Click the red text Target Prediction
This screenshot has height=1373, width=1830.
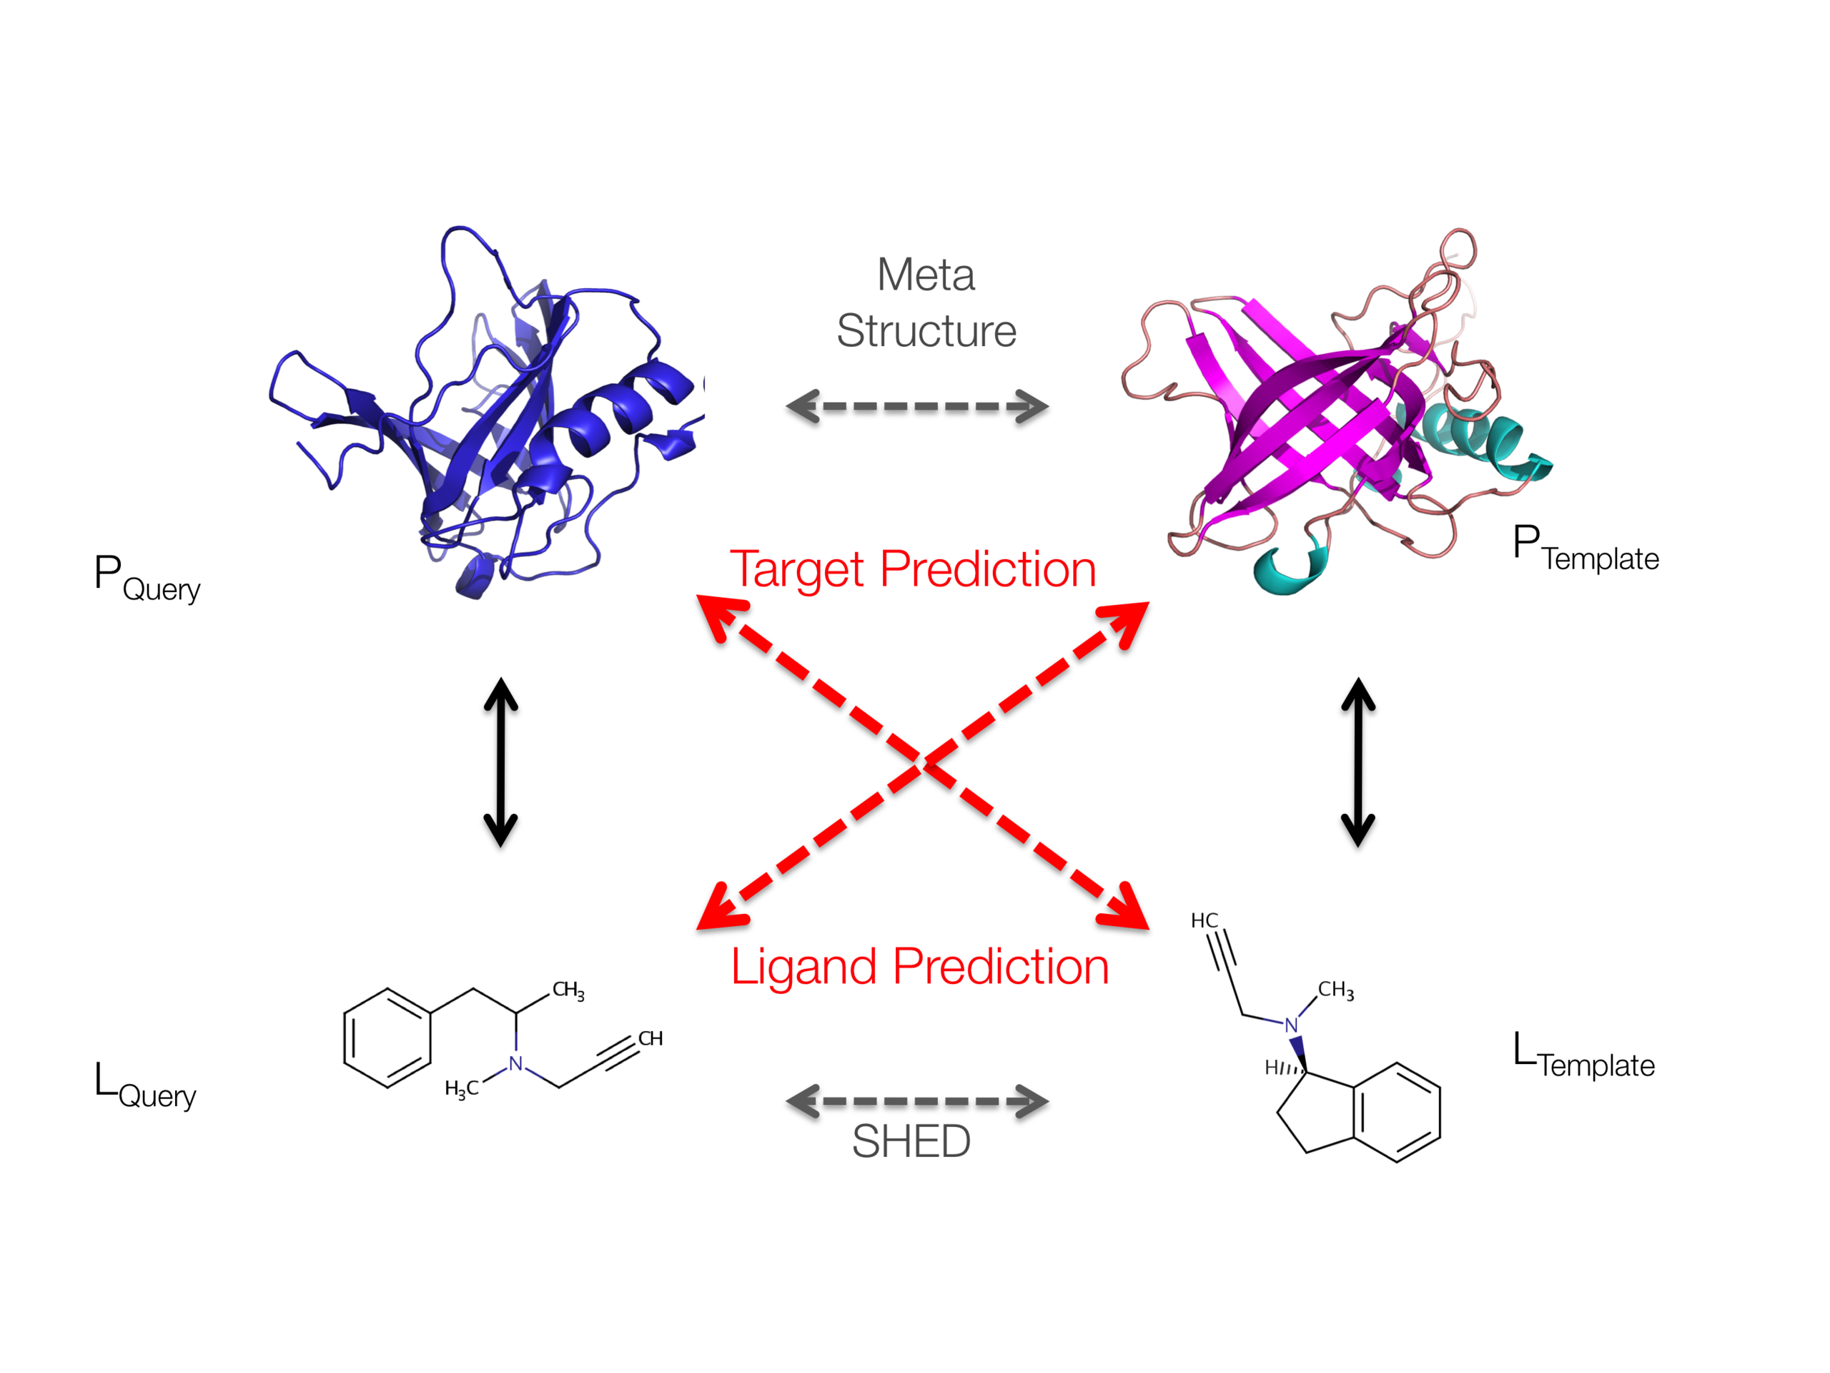(x=913, y=569)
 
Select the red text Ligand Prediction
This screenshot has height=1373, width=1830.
(x=919, y=966)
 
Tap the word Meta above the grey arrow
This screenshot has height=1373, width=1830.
(x=925, y=275)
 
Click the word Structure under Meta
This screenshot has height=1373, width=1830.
(x=926, y=331)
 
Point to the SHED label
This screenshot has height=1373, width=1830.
(x=911, y=1141)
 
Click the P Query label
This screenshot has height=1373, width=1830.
(x=147, y=578)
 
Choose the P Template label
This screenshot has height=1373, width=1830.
(x=1584, y=548)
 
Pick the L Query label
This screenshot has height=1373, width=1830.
(x=145, y=1084)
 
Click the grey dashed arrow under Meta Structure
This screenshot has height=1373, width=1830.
(x=916, y=406)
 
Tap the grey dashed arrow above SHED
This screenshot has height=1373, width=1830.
(x=916, y=1101)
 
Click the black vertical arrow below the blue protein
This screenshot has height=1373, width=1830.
(x=500, y=762)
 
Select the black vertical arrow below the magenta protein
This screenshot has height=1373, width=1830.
(x=1357, y=762)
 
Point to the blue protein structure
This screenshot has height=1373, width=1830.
(x=488, y=414)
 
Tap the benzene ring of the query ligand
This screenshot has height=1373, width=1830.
(x=387, y=1037)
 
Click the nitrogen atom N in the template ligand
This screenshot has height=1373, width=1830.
(x=1290, y=1025)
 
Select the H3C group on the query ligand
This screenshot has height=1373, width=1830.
(x=461, y=1088)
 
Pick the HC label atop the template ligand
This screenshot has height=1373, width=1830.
(x=1204, y=920)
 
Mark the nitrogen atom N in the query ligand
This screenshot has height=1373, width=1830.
(x=515, y=1063)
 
